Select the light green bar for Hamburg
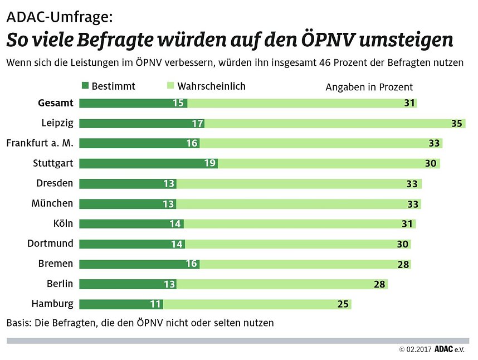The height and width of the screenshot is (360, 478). click(256, 304)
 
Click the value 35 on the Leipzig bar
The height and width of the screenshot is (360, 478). click(456, 123)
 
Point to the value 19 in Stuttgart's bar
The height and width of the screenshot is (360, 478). click(210, 163)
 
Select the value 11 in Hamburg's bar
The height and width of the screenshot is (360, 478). click(155, 304)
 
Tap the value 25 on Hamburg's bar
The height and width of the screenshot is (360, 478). click(343, 304)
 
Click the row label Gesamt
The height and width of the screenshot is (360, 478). click(56, 103)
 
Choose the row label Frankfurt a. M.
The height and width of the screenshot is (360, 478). click(40, 143)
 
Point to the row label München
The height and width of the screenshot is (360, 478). click(52, 203)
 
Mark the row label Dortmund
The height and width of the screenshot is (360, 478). click(50, 244)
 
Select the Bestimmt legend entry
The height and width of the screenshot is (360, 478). click(108, 86)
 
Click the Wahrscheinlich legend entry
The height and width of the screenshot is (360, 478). click(206, 86)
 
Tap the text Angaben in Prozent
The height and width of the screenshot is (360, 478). click(369, 87)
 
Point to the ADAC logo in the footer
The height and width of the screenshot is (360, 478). click(444, 349)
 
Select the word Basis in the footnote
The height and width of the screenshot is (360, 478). click(18, 323)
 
